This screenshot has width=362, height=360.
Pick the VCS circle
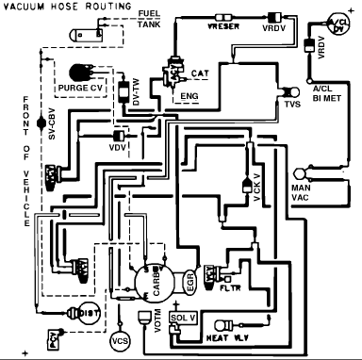click(119, 338)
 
